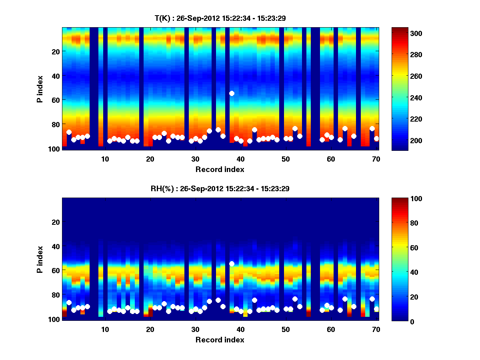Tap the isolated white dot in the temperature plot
point(232,93)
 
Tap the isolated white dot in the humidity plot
point(232,264)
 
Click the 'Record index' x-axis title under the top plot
point(220,169)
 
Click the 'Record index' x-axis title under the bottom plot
point(220,340)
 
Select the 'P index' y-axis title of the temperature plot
point(40,89)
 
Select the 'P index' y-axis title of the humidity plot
point(40,259)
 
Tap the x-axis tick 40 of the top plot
point(240,159)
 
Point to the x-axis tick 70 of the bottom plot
point(376,329)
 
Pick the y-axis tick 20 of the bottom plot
point(55,222)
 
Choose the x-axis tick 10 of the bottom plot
point(105,329)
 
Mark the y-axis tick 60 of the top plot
point(55,100)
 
